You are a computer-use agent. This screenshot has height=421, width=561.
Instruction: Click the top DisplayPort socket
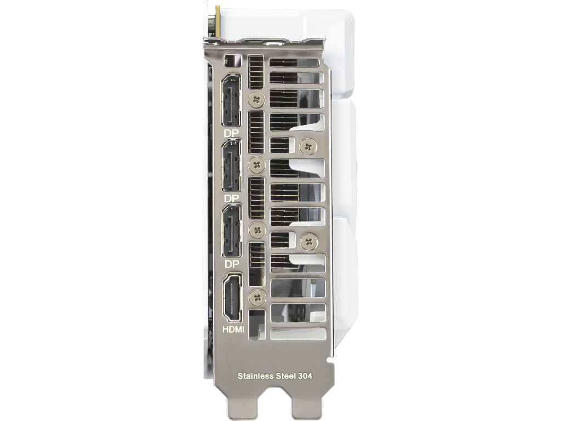click(232, 101)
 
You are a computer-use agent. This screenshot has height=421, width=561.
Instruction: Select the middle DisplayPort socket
click(232, 166)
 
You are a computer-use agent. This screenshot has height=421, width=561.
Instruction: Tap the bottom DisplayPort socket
click(232, 231)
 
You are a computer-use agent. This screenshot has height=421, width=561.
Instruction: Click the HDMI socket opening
click(232, 297)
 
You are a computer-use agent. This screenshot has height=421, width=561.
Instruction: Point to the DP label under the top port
click(231, 133)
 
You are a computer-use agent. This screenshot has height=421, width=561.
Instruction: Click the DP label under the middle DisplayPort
click(231, 198)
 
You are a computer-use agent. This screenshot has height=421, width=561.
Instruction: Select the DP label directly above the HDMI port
click(232, 264)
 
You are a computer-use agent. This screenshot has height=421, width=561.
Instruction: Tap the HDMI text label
click(233, 329)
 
